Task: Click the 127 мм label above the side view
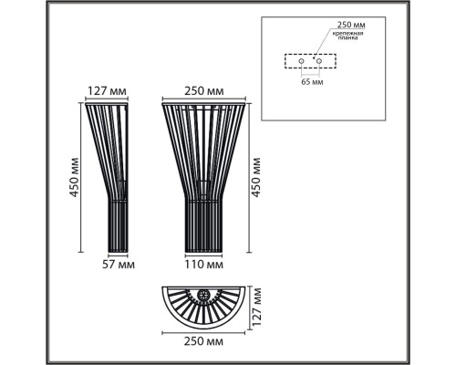coord(107,91)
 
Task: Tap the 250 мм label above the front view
coord(204,91)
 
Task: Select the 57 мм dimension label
coord(119,265)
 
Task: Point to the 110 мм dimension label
coord(204,265)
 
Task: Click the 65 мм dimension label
coord(312,82)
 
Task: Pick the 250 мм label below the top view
coord(203,341)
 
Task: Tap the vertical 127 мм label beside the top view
coord(257,308)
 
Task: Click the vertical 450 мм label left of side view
coord(75,177)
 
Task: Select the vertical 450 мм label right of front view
coord(256,177)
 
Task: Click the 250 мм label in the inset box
coord(351,25)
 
